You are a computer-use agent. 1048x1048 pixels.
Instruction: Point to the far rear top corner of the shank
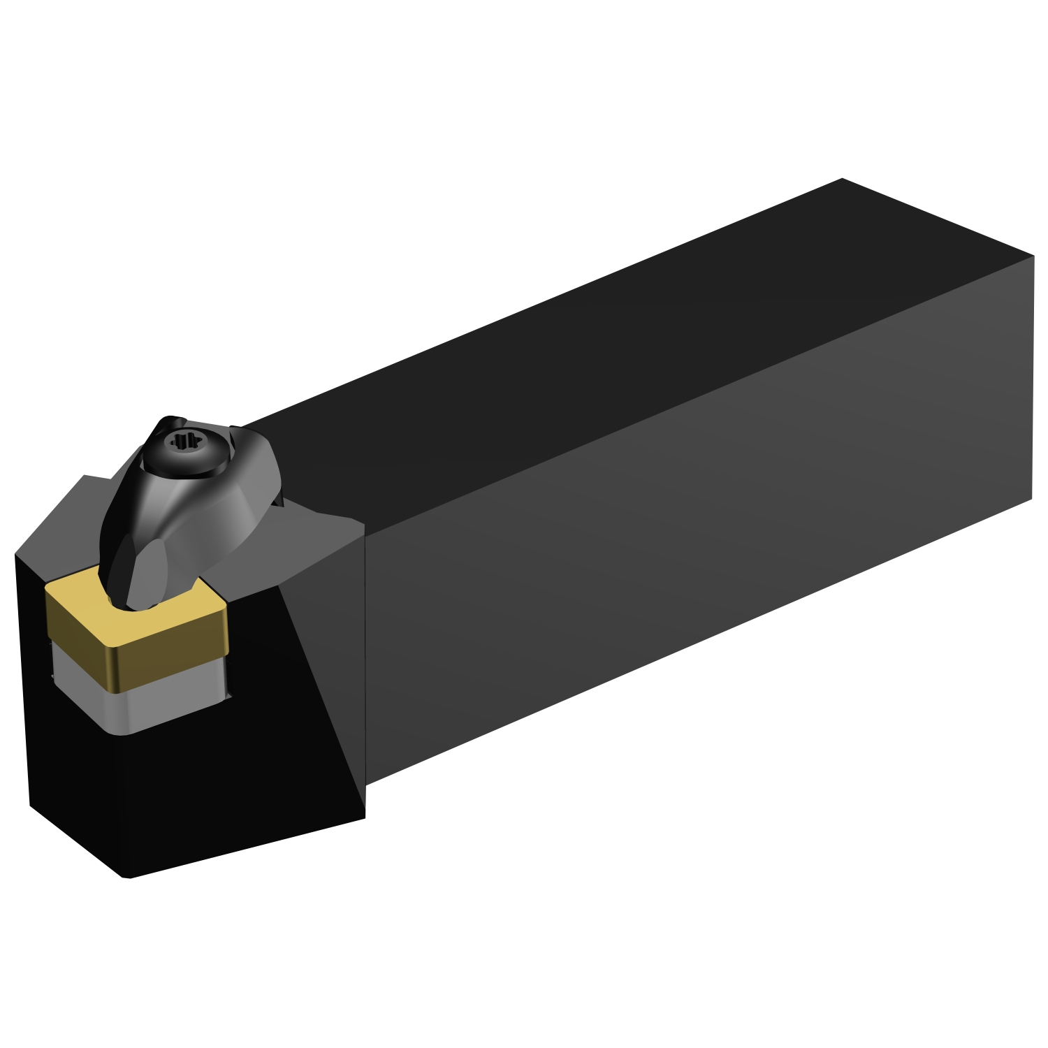coord(842,180)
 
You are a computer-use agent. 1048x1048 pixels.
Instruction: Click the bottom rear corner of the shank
coord(1031,497)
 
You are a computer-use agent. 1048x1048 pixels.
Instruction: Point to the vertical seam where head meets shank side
coord(365,664)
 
